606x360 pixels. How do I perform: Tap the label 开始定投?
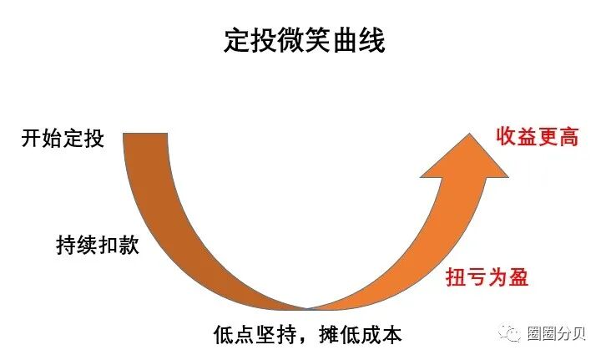(x=63, y=137)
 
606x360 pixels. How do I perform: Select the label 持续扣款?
(x=91, y=246)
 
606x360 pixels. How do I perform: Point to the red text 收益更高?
(x=537, y=136)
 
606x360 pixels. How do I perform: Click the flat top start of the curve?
(x=147, y=134)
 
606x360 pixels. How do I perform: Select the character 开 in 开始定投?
(x=31, y=137)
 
